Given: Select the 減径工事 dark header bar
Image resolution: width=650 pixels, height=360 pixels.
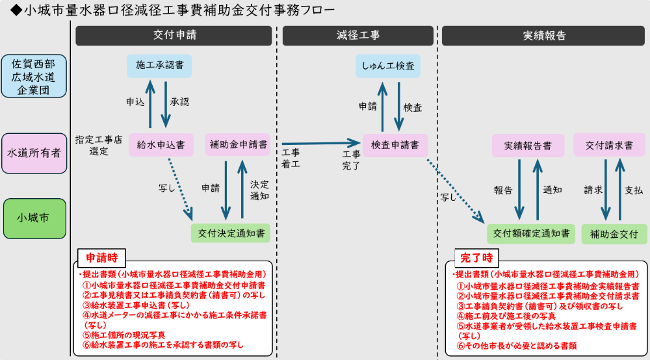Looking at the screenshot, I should [358, 36].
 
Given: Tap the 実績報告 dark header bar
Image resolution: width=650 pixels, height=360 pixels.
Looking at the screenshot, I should [544, 36].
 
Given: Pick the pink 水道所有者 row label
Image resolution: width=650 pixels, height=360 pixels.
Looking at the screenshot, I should [34, 153].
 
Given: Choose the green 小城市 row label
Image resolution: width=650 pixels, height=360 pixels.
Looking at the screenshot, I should [34, 218].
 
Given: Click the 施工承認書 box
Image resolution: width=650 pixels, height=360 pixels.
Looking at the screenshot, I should [159, 65].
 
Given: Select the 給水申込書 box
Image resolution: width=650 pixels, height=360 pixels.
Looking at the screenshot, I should [161, 144].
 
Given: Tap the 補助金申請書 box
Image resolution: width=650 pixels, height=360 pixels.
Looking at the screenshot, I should [239, 144].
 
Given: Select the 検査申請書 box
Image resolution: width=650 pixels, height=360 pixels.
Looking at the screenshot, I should [395, 144].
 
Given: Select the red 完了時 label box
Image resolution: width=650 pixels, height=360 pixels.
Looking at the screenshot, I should [476, 257].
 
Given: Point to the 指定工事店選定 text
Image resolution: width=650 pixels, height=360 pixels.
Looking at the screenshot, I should [99, 145].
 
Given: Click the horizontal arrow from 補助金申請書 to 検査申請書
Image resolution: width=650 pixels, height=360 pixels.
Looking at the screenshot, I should [318, 142].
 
